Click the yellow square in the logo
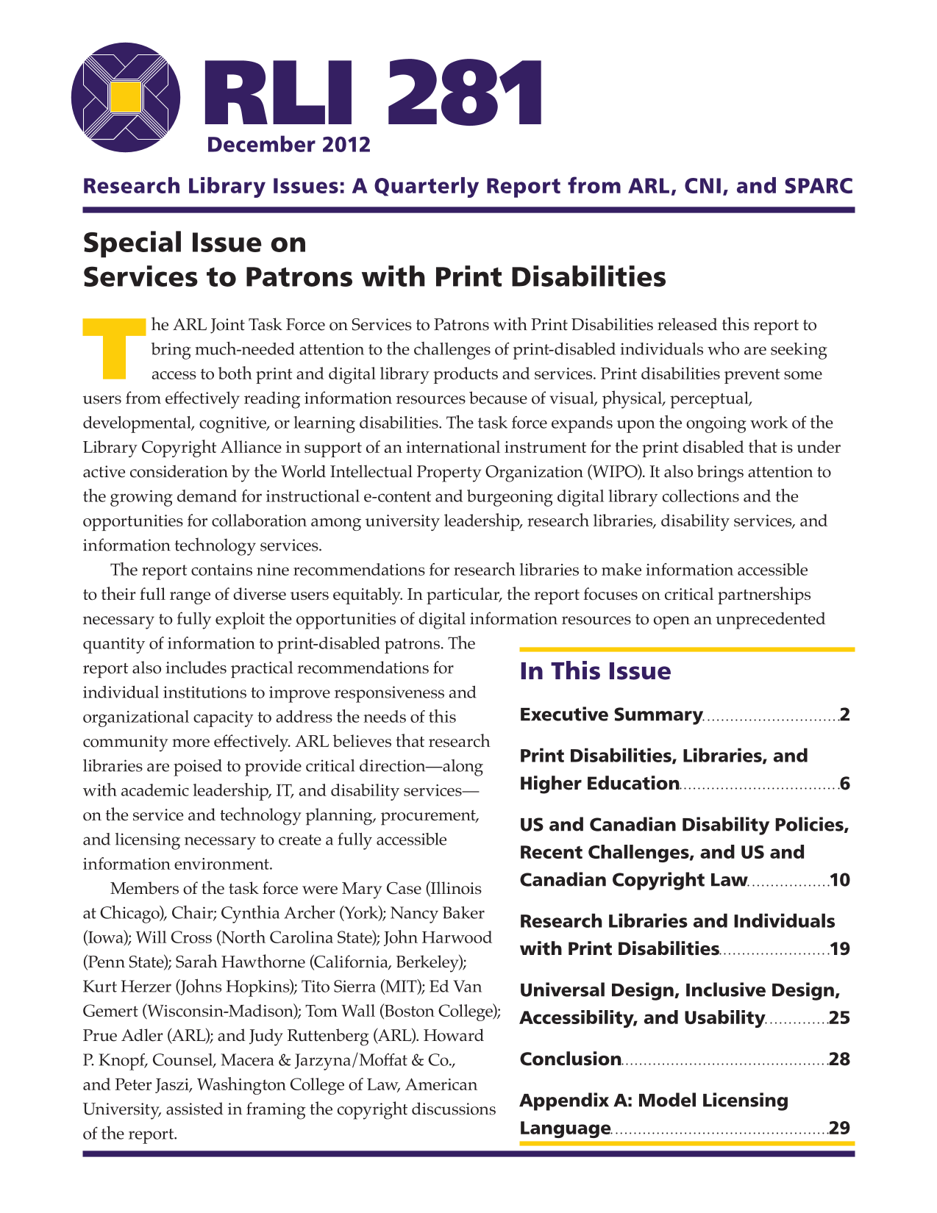pos(126,97)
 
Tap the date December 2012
pos(288,145)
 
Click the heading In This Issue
pos(595,671)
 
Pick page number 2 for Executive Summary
pos(844,715)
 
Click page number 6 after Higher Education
pos(844,784)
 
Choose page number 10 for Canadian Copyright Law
pos(840,880)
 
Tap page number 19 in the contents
pos(840,949)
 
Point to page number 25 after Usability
pos(840,1018)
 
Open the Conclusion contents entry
pos(571,1059)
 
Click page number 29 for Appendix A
pos(840,1128)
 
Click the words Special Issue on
pos(195,243)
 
